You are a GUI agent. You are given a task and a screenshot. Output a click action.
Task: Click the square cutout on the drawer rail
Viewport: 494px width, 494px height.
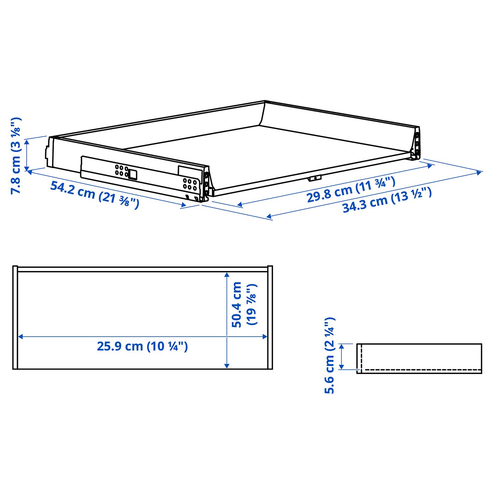point(133,174)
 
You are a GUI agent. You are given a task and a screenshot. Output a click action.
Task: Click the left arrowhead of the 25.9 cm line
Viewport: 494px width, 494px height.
point(20,337)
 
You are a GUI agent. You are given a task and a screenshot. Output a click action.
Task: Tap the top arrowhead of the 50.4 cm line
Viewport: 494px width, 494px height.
point(227,274)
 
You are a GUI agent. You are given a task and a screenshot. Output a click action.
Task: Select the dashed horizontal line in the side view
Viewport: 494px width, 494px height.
point(421,370)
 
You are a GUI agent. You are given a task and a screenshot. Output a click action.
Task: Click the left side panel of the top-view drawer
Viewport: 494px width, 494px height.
point(15,318)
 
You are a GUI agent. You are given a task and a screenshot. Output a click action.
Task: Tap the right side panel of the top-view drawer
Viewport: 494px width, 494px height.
point(270,318)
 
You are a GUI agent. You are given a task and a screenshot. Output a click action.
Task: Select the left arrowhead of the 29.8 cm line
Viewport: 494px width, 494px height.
point(240,204)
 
